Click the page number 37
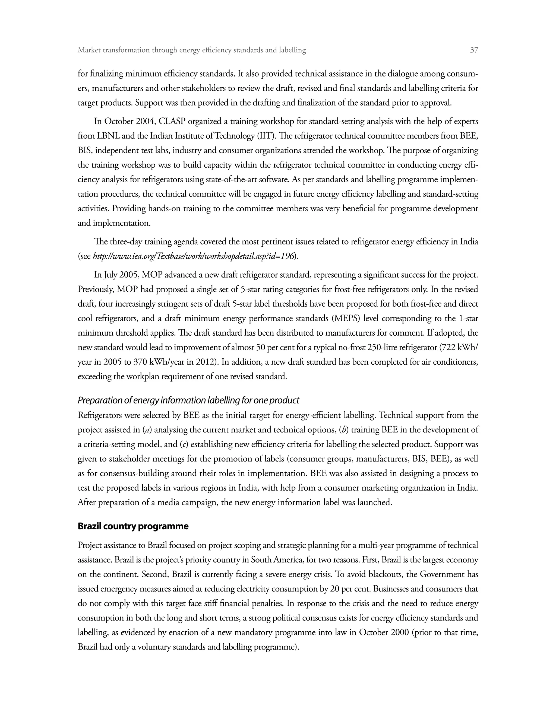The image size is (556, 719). point(474,50)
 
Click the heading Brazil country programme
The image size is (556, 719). point(133,526)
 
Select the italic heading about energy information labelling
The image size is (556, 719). point(188,400)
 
